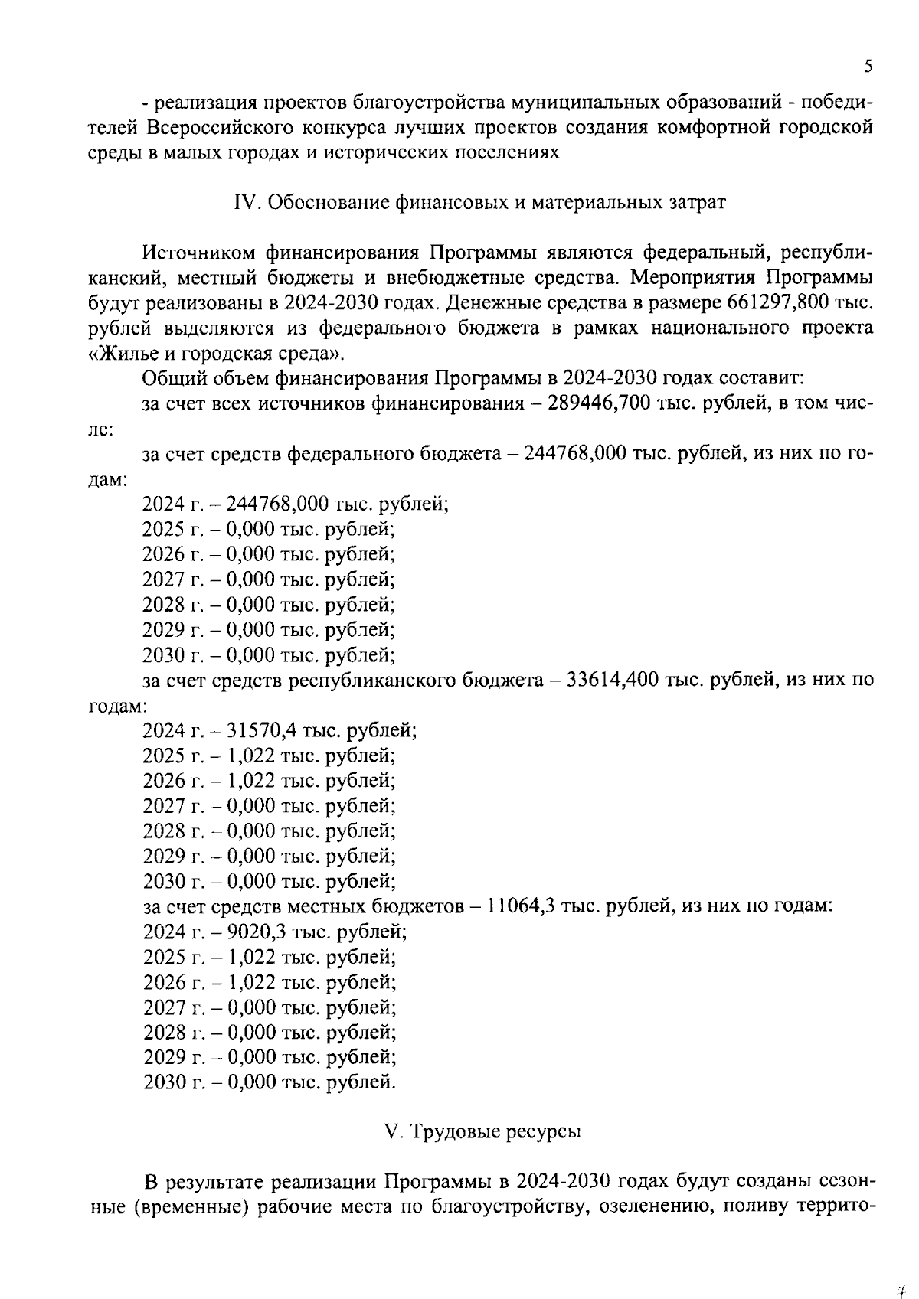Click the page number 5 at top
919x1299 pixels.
tap(868, 67)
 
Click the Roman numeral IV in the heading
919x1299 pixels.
tap(244, 203)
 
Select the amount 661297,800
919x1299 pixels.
tap(777, 303)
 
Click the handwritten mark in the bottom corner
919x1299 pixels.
tap(901, 1271)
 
